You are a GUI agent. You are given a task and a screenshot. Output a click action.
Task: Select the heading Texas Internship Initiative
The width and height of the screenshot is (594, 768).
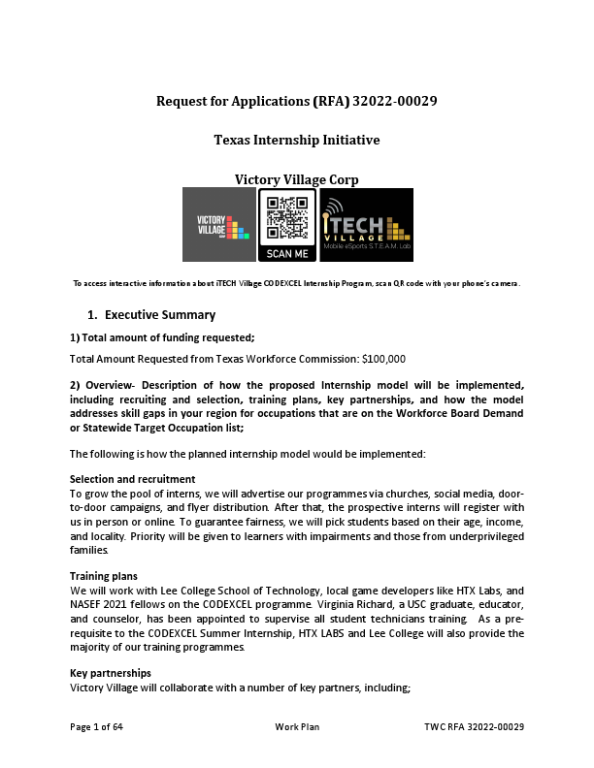pyautogui.click(x=296, y=141)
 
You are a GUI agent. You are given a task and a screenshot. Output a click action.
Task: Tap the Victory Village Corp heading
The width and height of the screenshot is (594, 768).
pyautogui.click(x=296, y=179)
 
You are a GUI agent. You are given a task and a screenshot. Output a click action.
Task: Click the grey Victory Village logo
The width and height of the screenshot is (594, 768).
pyautogui.click(x=219, y=225)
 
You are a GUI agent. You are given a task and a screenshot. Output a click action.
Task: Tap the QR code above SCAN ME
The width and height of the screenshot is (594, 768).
pyautogui.click(x=287, y=218)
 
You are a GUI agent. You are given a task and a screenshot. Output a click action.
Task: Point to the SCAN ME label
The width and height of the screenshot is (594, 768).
pyautogui.click(x=287, y=253)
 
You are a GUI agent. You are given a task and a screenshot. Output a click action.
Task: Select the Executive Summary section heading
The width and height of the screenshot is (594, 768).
pyautogui.click(x=159, y=315)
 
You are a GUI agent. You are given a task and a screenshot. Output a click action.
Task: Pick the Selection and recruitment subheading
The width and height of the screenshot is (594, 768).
pyautogui.click(x=133, y=479)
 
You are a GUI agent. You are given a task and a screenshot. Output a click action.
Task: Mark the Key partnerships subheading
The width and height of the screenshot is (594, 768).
pyautogui.click(x=110, y=672)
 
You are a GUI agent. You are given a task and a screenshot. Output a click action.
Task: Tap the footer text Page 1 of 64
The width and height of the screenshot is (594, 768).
pyautogui.click(x=96, y=726)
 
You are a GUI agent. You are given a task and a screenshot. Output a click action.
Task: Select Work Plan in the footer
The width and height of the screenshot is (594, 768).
pyautogui.click(x=297, y=726)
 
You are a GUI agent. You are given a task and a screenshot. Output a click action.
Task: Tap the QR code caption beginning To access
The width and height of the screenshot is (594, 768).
pyautogui.click(x=297, y=283)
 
